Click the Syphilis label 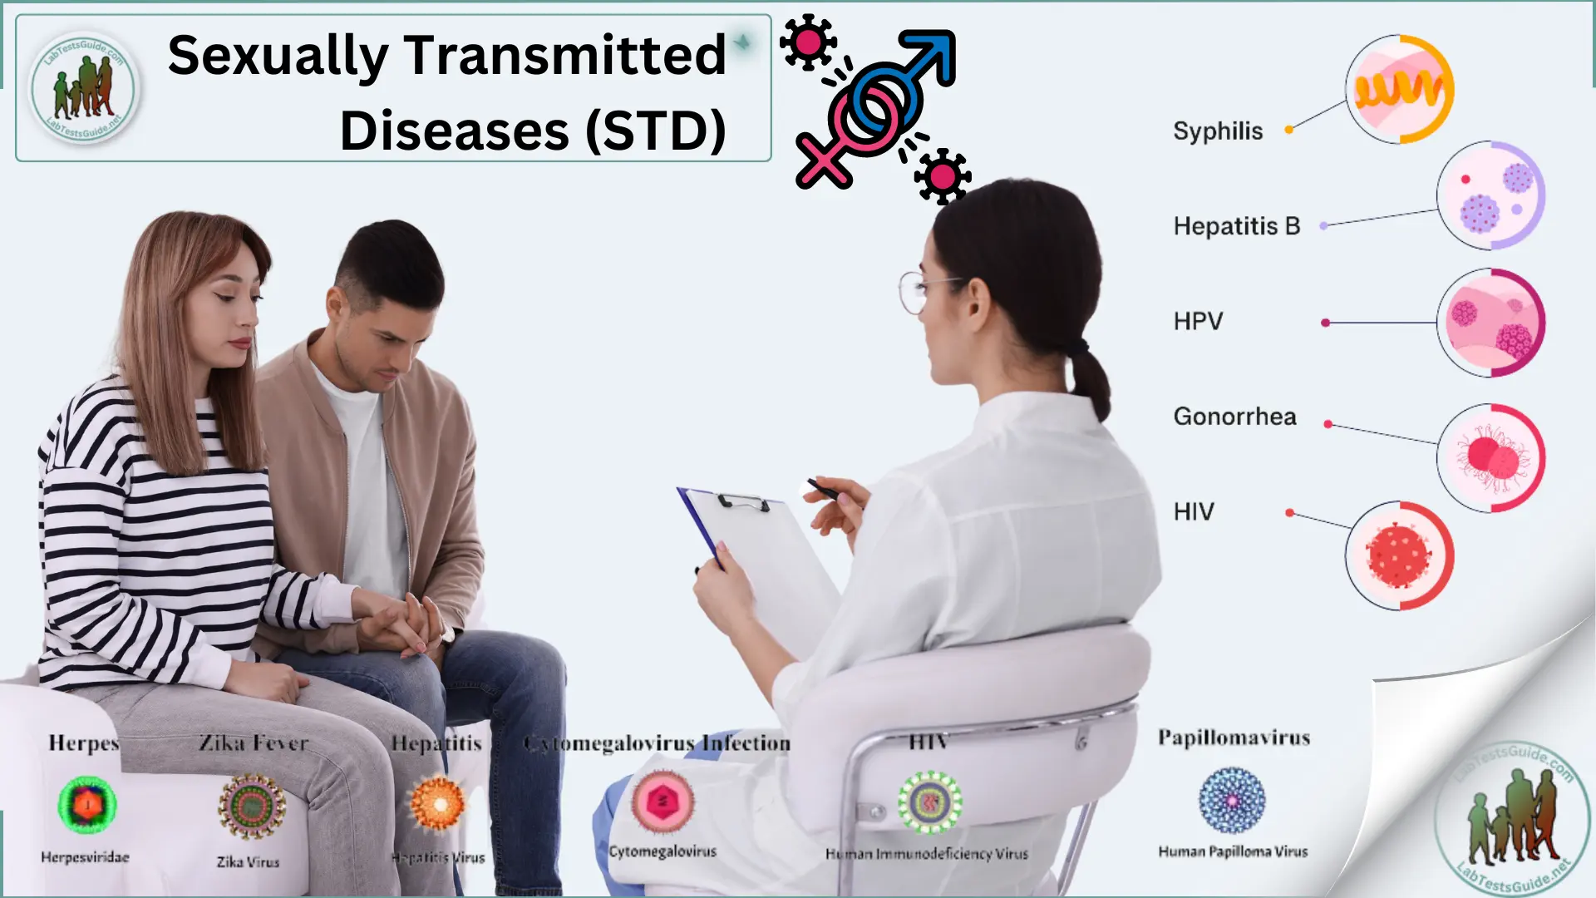tap(1218, 131)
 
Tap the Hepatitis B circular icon tap(1490, 195)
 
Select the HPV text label tap(1198, 322)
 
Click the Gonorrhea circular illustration tap(1490, 458)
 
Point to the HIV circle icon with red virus tap(1400, 555)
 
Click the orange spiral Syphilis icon tap(1400, 89)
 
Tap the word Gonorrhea tap(1234, 417)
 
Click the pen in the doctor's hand tap(823, 490)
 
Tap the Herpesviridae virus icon tap(87, 805)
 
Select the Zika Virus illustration tap(252, 806)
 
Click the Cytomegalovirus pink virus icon tap(663, 802)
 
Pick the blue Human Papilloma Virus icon tap(1232, 801)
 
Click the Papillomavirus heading tap(1234, 738)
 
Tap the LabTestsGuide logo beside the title tap(83, 88)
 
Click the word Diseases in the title tap(455, 131)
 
